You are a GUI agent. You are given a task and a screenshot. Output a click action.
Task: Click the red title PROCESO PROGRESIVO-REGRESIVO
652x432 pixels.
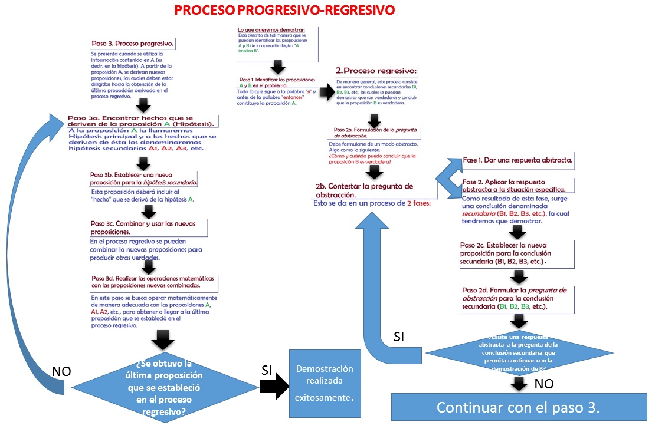point(284,11)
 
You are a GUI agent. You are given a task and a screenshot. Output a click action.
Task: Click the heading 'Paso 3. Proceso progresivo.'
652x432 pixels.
point(132,44)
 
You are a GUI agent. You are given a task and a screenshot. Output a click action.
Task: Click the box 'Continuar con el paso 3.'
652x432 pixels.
point(517,408)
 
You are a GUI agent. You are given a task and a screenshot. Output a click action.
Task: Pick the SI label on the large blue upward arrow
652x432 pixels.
point(399,337)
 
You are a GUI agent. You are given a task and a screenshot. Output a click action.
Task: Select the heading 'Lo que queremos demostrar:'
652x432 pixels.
point(271,30)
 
